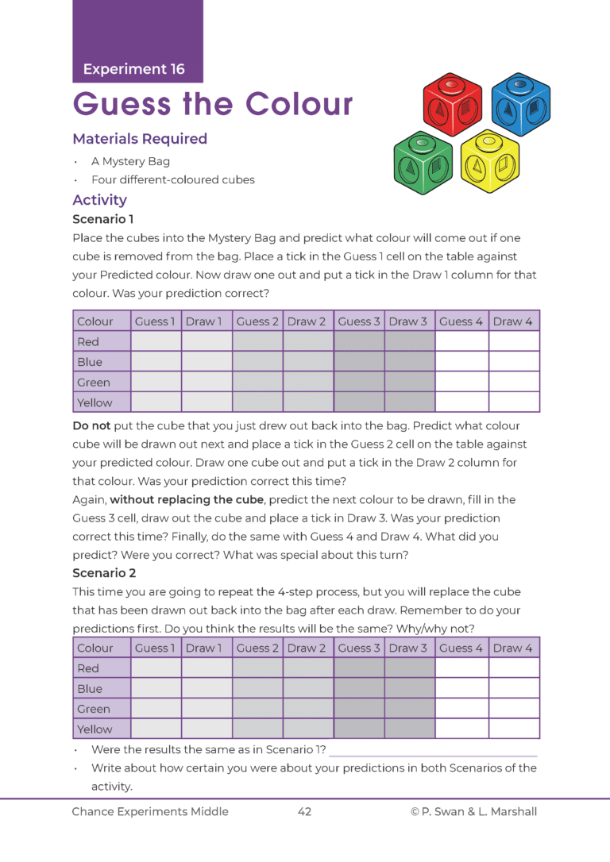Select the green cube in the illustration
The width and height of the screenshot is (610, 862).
click(423, 163)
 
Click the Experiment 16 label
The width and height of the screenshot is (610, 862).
click(133, 69)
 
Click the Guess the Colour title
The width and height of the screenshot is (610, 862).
click(213, 104)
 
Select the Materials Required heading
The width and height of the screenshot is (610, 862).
click(140, 139)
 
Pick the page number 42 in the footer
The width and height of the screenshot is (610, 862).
click(304, 811)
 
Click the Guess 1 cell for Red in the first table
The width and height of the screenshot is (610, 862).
click(156, 341)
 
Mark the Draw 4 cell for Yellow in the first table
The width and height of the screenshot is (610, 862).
click(513, 402)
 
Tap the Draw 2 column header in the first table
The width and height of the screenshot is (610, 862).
click(307, 321)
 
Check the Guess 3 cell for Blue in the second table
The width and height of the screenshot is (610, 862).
click(359, 688)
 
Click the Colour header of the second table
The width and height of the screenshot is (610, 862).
click(95, 648)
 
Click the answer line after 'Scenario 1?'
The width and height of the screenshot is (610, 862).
click(433, 750)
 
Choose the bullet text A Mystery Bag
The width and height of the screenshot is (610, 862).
click(130, 161)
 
